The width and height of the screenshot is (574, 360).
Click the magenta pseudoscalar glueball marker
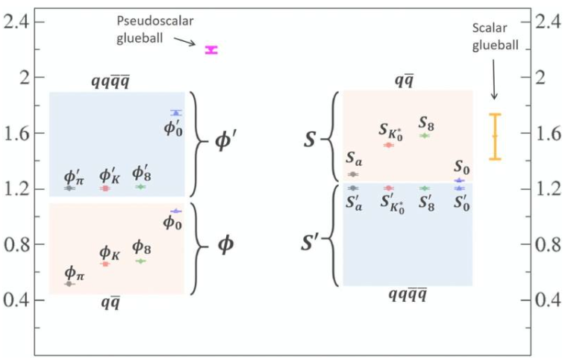pos(211,50)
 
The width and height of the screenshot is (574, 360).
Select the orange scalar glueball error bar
pos(494,136)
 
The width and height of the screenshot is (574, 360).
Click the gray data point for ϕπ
pos(69,284)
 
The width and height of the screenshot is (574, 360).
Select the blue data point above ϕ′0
pos(176,113)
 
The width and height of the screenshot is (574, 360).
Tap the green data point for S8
pos(425,136)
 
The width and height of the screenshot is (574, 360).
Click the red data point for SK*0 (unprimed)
pos(389,145)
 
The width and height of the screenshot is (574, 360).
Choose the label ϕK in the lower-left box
pos(110,253)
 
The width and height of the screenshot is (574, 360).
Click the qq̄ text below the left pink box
pos(110,302)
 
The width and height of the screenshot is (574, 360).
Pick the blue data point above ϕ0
pos(175,211)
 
